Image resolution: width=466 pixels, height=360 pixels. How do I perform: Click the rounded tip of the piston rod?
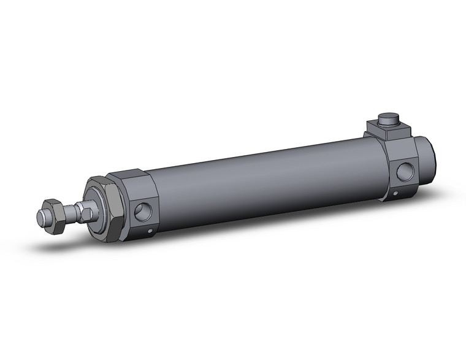tap(41, 216)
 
